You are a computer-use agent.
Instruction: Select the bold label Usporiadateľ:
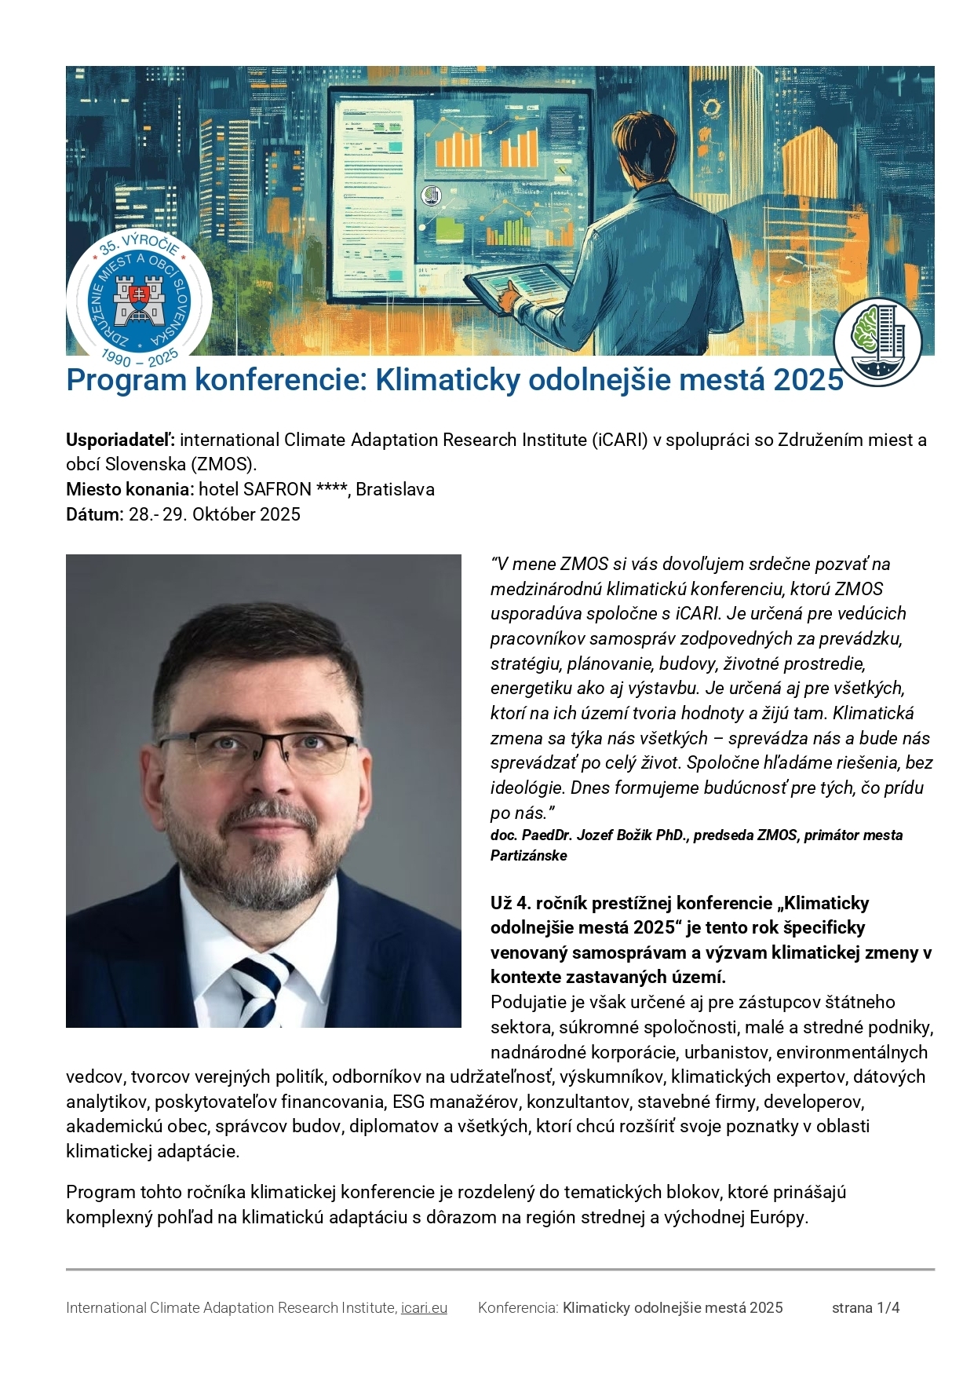(x=120, y=440)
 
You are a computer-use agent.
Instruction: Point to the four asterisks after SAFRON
(x=331, y=490)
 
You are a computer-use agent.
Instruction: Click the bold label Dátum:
(x=94, y=515)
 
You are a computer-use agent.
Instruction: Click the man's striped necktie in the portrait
(x=261, y=991)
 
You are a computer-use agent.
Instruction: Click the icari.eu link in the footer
(x=424, y=1308)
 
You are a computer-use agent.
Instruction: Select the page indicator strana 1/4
(x=865, y=1308)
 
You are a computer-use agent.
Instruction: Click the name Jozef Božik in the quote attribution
(x=616, y=835)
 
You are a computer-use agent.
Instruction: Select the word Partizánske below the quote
(x=528, y=856)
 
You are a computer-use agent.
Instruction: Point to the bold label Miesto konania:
(x=130, y=490)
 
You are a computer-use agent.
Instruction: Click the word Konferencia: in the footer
(x=518, y=1308)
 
